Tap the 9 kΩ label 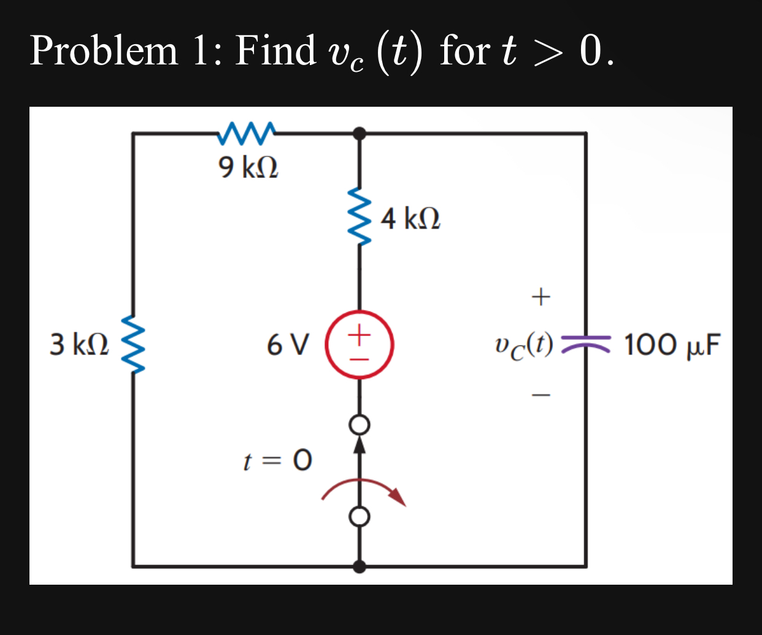(x=248, y=167)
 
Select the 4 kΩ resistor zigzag (x=360, y=216)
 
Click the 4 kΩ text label (x=410, y=218)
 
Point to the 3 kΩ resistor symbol (x=133, y=344)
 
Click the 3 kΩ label (x=79, y=344)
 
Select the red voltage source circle (x=359, y=345)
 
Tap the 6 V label (x=288, y=345)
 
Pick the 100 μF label (x=672, y=345)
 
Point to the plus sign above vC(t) (x=541, y=297)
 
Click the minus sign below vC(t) (x=541, y=394)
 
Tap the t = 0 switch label (x=277, y=460)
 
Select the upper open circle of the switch (x=360, y=425)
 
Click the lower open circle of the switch (x=360, y=517)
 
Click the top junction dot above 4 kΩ (x=360, y=133)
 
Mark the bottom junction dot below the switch (x=360, y=566)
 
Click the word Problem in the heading (x=104, y=50)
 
